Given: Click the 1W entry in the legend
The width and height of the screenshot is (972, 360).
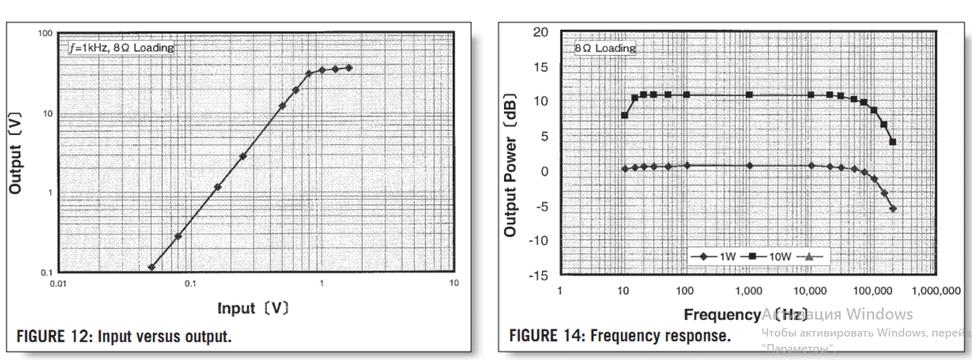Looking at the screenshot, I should [x=708, y=256].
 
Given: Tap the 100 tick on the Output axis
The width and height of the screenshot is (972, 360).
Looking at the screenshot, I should [x=44, y=33].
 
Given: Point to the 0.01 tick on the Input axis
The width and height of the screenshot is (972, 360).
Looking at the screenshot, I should [x=58, y=283].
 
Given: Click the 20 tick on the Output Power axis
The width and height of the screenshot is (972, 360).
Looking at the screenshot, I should [x=541, y=32].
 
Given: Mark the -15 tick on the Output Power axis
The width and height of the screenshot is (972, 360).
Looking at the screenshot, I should [x=539, y=275].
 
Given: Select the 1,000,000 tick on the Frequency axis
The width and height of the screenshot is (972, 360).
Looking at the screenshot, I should [x=934, y=290].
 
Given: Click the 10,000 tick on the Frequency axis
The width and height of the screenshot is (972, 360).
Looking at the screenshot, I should [x=810, y=290].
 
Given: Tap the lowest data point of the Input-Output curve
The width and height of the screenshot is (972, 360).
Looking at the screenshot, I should [x=152, y=267].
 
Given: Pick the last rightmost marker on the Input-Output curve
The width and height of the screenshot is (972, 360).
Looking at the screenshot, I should [x=348, y=68].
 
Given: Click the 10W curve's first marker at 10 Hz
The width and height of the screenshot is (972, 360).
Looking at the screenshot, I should [x=625, y=115].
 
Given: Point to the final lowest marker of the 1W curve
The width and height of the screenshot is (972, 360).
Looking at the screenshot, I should [x=893, y=208].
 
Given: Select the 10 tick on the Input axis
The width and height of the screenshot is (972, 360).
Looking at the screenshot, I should [x=453, y=283].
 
